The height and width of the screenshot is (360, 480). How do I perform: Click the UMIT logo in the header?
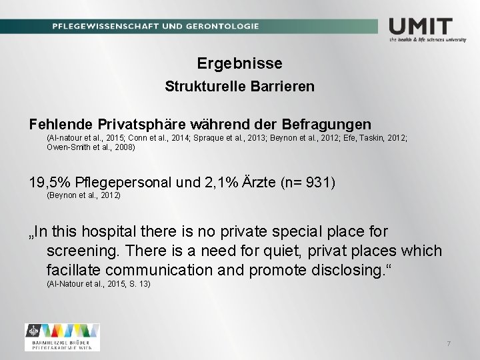tap(421, 27)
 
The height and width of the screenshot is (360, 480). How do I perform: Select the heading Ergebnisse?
tap(240, 63)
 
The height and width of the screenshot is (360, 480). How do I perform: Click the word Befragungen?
tap(327, 124)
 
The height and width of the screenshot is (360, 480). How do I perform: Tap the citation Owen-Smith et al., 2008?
tap(91, 147)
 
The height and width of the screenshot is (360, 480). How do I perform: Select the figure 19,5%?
tap(50, 183)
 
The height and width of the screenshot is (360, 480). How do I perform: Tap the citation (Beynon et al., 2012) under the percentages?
tap(83, 195)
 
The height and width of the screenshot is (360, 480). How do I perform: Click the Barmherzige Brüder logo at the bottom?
tap(62, 337)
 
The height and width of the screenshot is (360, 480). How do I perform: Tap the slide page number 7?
tap(449, 343)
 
